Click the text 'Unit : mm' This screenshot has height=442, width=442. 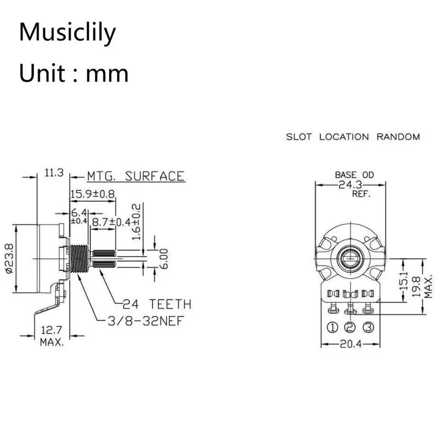pyautogui.click(x=74, y=74)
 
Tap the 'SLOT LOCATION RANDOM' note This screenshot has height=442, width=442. pyautogui.click(x=353, y=137)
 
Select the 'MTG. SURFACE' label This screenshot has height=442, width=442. pyautogui.click(x=135, y=176)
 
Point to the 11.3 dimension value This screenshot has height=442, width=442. pyautogui.click(x=53, y=173)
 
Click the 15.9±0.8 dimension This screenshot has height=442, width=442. pyautogui.click(x=93, y=194)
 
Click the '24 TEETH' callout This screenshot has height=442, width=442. pyautogui.click(x=157, y=304)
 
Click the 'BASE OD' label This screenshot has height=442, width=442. pyautogui.click(x=354, y=175)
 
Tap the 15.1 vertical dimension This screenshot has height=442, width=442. pyautogui.click(x=404, y=281)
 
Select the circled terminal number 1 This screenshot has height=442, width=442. pyautogui.click(x=332, y=327)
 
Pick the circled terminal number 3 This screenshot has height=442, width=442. pyautogui.click(x=367, y=327)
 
